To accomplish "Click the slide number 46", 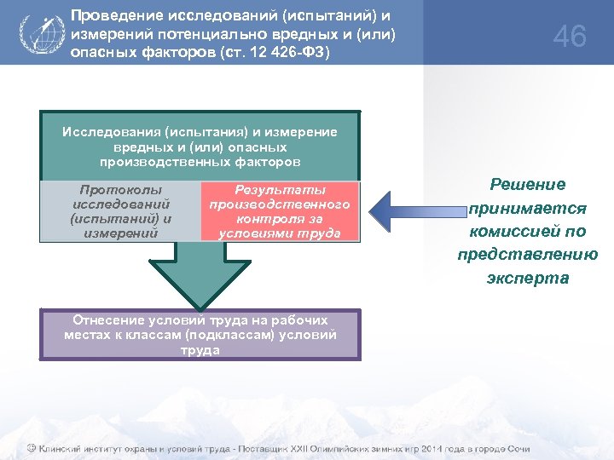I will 570,37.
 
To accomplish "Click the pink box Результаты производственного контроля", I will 280,211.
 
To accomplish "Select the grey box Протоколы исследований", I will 119,211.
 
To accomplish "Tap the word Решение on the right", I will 527,185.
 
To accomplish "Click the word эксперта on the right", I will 527,278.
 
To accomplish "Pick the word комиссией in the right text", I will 527,231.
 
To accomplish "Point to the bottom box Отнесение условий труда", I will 200,335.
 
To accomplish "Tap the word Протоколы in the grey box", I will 120,190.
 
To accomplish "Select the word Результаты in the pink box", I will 280,190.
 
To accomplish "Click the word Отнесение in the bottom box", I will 106,320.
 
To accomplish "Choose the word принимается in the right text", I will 527,208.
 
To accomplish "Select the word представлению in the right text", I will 527,254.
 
